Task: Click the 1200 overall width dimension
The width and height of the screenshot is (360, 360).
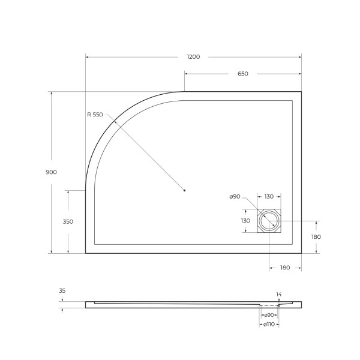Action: (x=193, y=57)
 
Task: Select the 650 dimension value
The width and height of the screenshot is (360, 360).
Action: (x=242, y=74)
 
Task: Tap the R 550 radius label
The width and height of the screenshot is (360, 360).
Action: (x=95, y=115)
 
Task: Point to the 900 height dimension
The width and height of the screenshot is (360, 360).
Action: (x=51, y=172)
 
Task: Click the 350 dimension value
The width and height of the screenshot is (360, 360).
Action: (x=68, y=221)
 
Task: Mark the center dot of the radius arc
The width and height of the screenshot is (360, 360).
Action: (x=184, y=191)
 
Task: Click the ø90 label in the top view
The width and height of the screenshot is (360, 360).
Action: (x=235, y=197)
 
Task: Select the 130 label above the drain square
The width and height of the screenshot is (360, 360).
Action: (x=269, y=197)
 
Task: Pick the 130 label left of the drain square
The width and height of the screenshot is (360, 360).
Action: (x=245, y=221)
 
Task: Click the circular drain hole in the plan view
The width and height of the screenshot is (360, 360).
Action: (x=269, y=221)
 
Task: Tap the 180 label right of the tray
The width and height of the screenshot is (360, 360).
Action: (x=316, y=237)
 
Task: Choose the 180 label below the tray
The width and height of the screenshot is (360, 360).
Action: (x=285, y=268)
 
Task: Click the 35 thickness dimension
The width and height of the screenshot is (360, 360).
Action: (x=62, y=291)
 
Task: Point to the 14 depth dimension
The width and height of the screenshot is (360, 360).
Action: (x=278, y=294)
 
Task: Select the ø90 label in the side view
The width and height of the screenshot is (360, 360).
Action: (x=269, y=315)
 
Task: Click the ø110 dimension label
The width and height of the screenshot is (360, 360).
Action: (x=269, y=325)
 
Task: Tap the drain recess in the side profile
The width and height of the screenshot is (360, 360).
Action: (x=269, y=305)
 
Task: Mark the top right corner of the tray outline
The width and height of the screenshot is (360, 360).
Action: (x=301, y=92)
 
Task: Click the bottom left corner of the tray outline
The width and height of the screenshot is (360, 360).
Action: (x=86, y=253)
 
